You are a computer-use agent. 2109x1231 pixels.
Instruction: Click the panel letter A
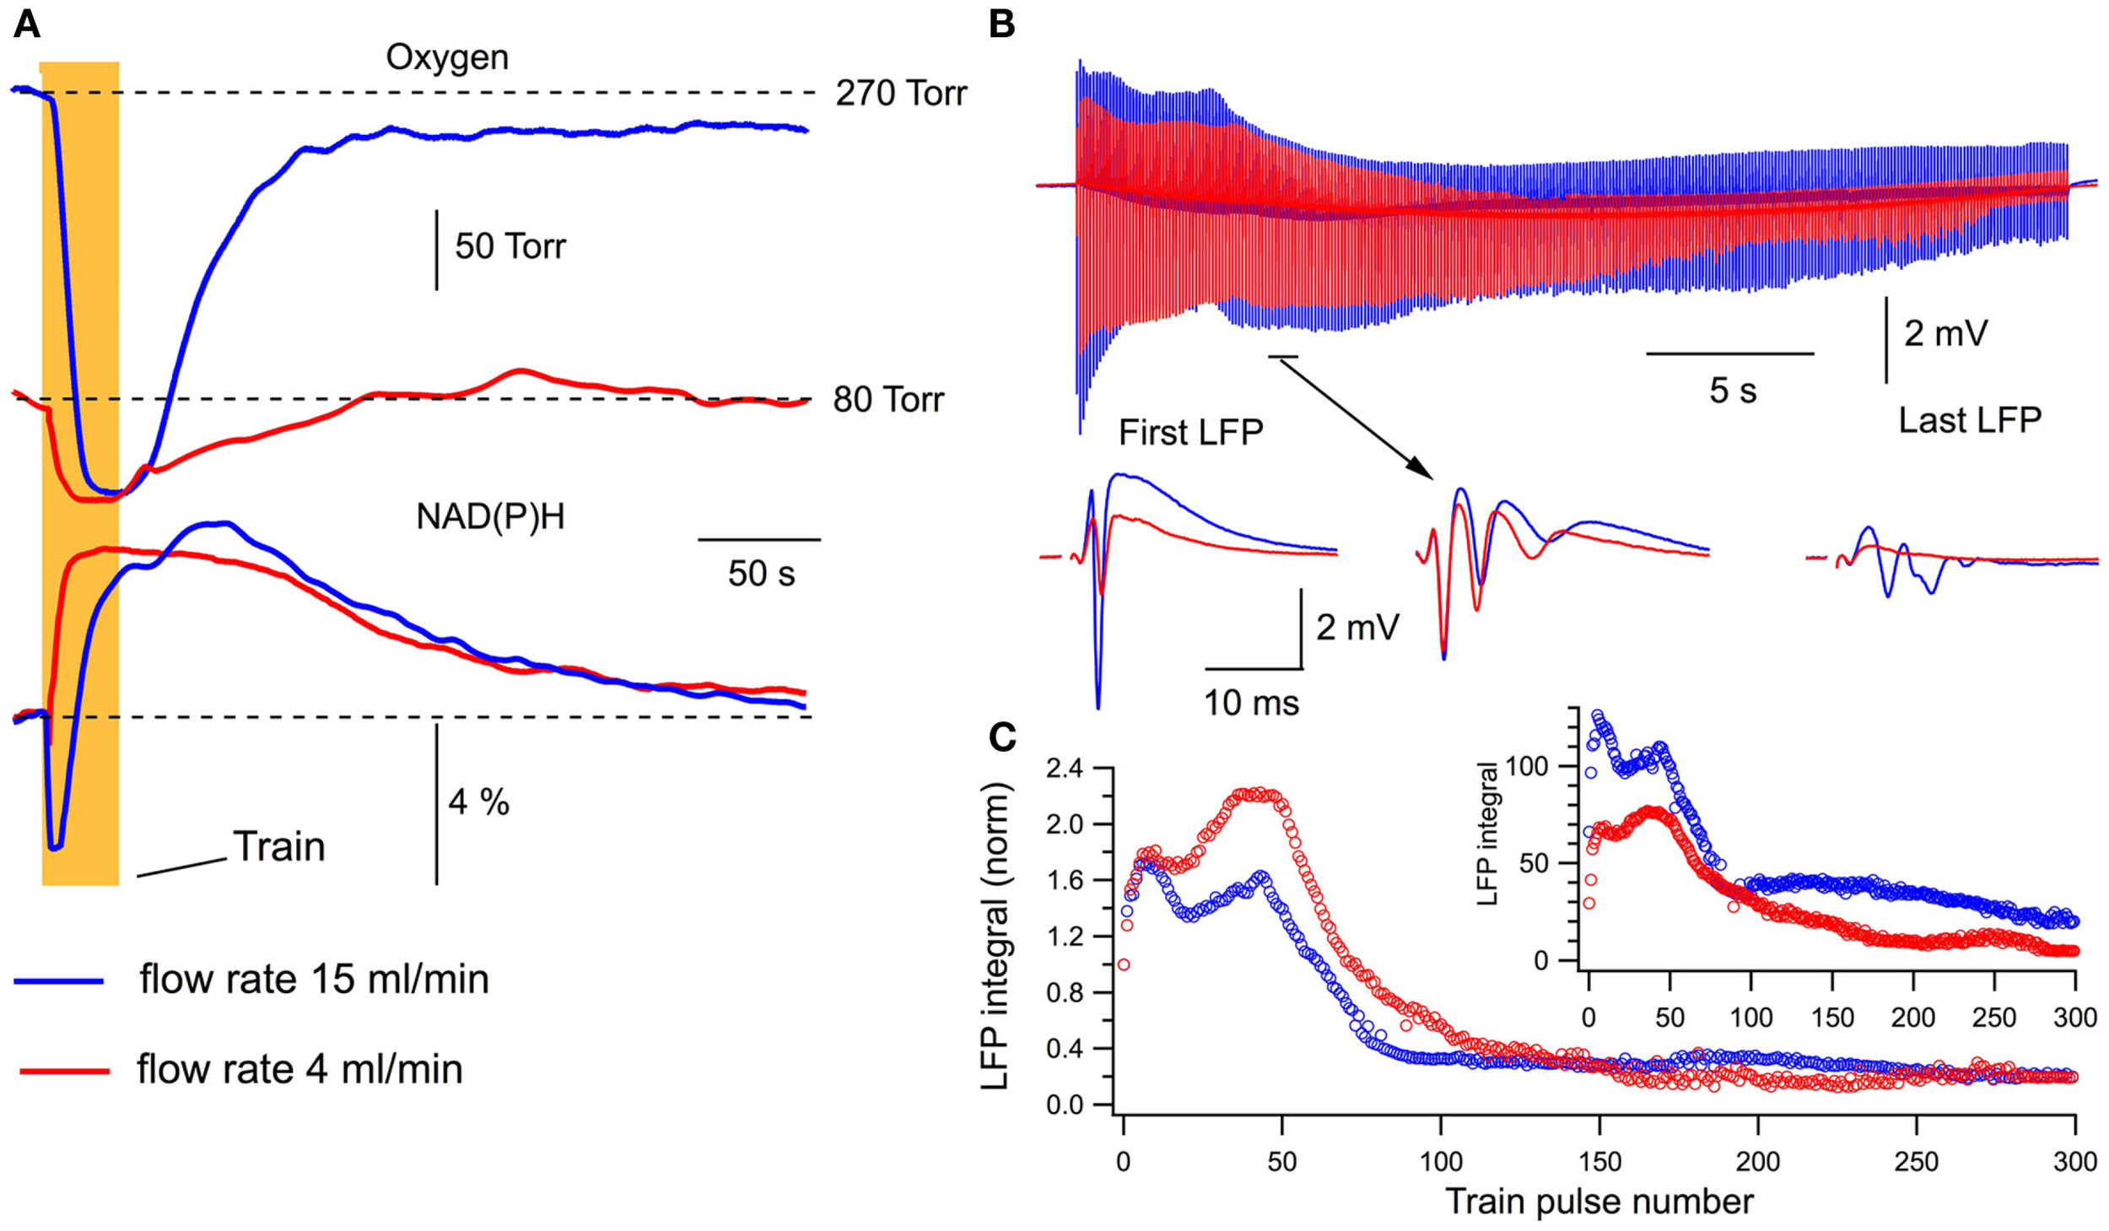26,25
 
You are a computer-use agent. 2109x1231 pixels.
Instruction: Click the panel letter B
1001,25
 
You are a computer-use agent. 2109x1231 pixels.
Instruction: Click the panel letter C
1001,737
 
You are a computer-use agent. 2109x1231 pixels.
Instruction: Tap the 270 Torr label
900,94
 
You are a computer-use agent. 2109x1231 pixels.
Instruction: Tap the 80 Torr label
887,400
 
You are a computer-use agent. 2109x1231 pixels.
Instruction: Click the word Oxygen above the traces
447,57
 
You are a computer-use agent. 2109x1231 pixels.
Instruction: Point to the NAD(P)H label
490,516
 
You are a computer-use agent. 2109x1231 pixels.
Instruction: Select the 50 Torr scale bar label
510,246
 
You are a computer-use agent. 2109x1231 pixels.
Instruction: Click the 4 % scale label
478,802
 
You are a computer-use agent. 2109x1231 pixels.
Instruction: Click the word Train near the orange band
278,846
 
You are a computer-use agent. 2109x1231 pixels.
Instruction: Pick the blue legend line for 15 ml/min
59,981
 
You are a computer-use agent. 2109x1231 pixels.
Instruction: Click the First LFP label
1190,433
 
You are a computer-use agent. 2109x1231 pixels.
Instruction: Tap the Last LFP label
1969,420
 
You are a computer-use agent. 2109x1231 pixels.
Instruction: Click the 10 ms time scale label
1250,703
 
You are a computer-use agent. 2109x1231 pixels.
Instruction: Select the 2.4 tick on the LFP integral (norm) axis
1065,769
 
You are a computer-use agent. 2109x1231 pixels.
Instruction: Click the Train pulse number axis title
1599,1201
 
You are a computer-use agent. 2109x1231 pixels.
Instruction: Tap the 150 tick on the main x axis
1599,1162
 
